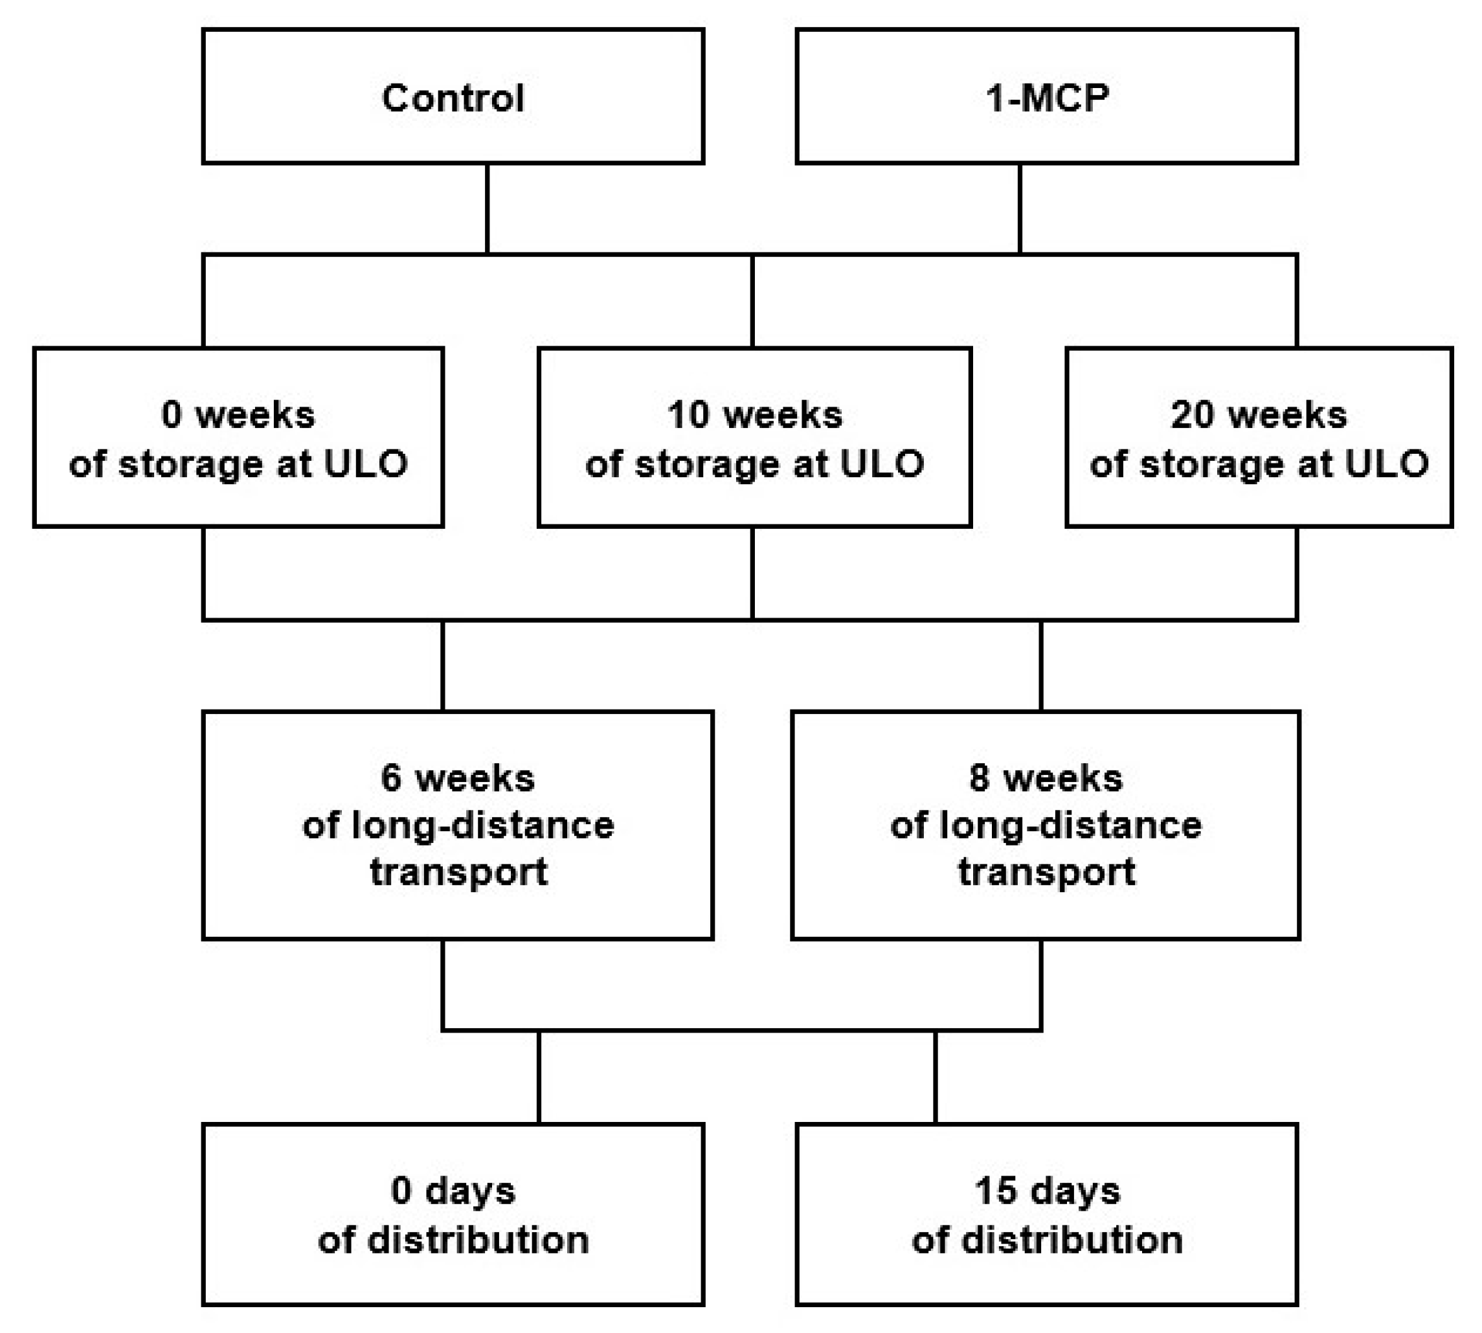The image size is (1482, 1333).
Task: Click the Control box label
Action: pyautogui.click(x=453, y=98)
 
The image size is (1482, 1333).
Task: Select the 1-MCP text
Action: pyautogui.click(x=1046, y=98)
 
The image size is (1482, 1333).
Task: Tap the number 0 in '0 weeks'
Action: pyautogui.click(x=171, y=414)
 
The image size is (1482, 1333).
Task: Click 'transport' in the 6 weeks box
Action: pyautogui.click(x=458, y=872)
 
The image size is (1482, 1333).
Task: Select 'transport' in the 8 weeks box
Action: pyautogui.click(x=1046, y=872)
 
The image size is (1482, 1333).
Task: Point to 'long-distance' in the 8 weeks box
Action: pyautogui.click(x=1070, y=826)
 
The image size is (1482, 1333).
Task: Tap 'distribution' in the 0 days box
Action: pyautogui.click(x=478, y=1240)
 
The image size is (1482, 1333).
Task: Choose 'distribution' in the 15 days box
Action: pyautogui.click(x=1072, y=1240)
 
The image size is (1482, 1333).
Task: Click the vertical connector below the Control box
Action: pyautogui.click(x=487, y=208)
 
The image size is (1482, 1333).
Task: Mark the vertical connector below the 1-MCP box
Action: pyautogui.click(x=1020, y=208)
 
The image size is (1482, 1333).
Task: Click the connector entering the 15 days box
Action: pyautogui.click(x=936, y=1077)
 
